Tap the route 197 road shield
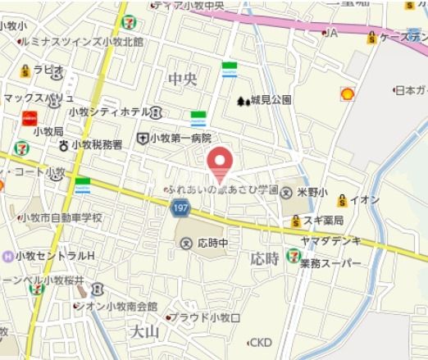[180, 209]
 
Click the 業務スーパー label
[330, 263]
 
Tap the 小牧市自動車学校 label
[61, 217]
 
